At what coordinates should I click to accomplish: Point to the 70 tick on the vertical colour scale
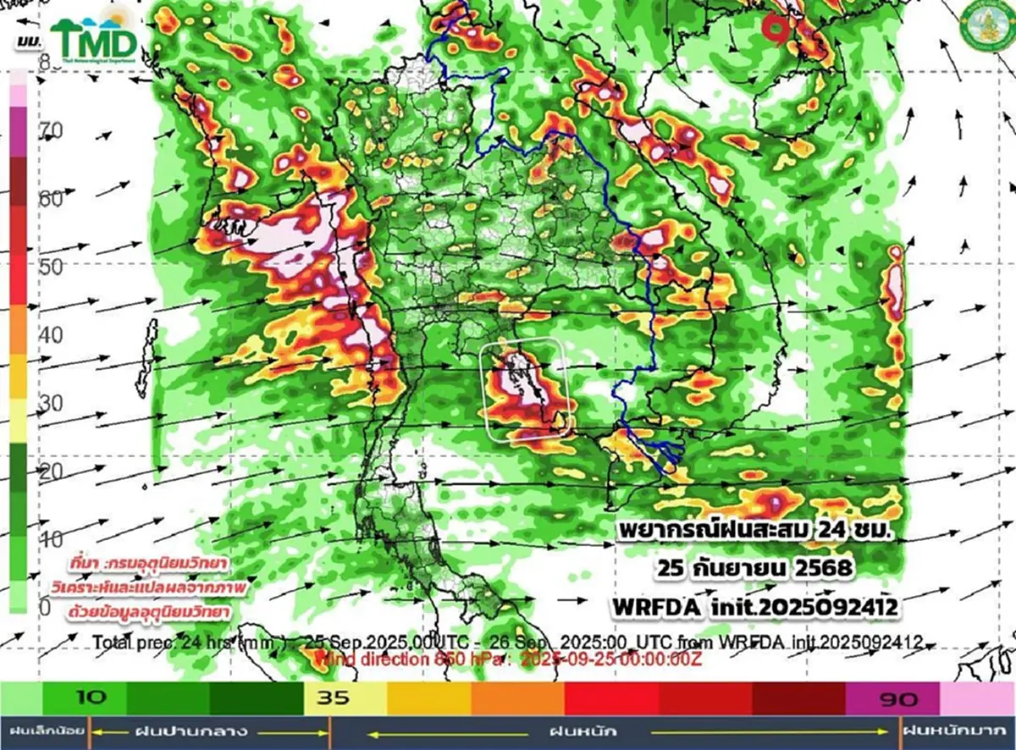click(x=52, y=130)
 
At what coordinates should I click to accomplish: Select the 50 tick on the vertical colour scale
click(x=52, y=267)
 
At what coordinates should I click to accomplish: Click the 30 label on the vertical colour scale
click(x=52, y=403)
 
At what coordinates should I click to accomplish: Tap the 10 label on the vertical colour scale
click(x=52, y=539)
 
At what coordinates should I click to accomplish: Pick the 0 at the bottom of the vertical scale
click(x=44, y=607)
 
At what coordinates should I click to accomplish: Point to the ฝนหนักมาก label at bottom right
click(x=956, y=730)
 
